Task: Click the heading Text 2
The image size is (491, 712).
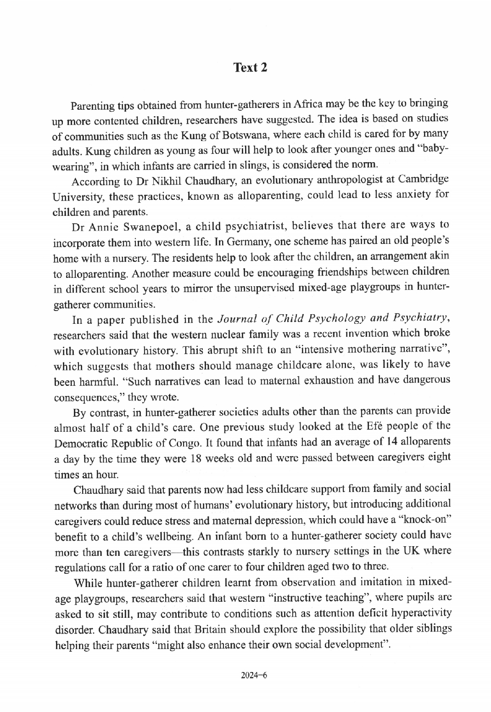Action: point(250,68)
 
